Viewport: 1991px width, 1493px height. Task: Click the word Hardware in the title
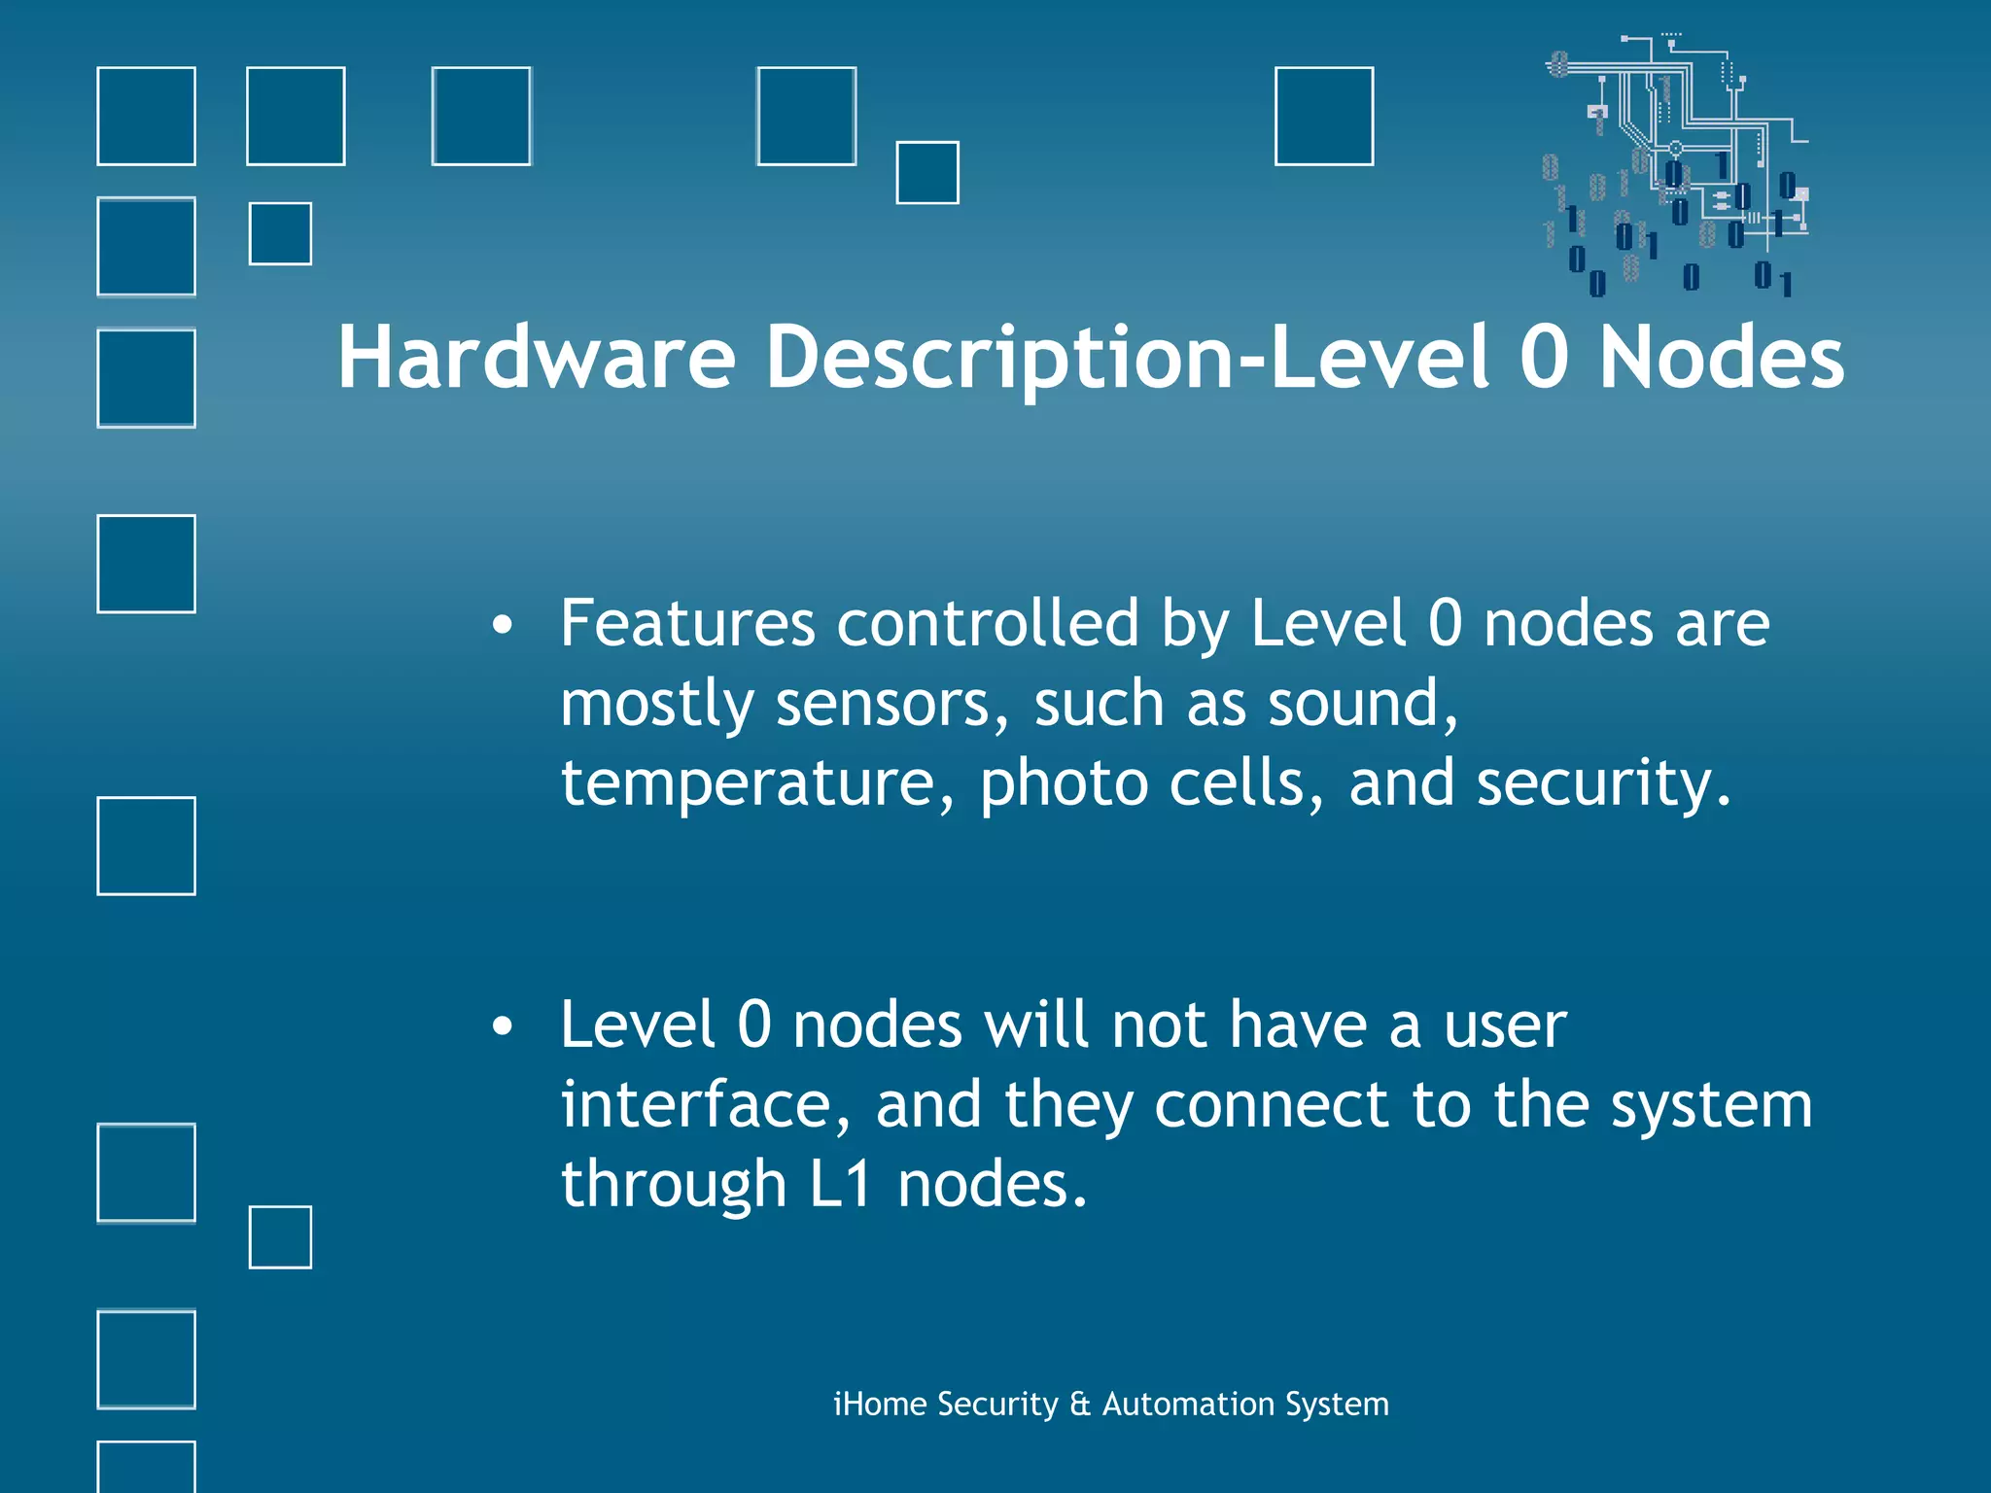pyautogui.click(x=536, y=358)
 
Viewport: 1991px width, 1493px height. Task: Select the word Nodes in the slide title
pyautogui.click(x=1722, y=358)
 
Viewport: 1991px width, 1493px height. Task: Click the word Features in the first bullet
pyautogui.click(x=687, y=623)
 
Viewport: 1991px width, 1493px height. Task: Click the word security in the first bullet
pyautogui.click(x=1604, y=783)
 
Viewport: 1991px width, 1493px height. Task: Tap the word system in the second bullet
pyautogui.click(x=1711, y=1107)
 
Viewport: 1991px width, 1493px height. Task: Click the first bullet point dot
pyautogui.click(x=502, y=626)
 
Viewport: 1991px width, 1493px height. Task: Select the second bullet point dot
pyautogui.click(x=502, y=1027)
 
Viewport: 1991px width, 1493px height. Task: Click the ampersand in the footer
pyautogui.click(x=1080, y=1405)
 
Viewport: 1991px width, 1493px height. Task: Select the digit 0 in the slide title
pyautogui.click(x=1544, y=358)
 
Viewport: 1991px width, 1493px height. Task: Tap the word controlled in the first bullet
pyautogui.click(x=988, y=623)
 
